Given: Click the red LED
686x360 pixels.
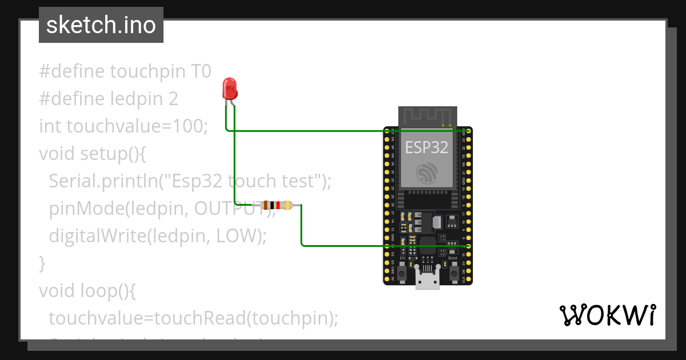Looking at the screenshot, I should click(230, 89).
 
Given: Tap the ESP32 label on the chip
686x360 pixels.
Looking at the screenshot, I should click(426, 147).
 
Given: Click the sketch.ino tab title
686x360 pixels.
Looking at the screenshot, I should click(101, 25).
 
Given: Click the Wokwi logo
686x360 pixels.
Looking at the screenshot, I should click(608, 315).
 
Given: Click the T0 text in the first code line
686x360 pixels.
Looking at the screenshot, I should click(200, 71).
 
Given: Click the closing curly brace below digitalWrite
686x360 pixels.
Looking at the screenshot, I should click(42, 263).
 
